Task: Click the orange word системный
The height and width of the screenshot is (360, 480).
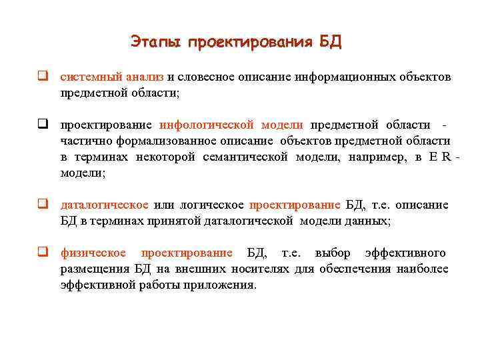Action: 87,77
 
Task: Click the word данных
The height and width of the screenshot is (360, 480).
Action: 374,221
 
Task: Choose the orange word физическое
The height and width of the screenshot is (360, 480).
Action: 93,253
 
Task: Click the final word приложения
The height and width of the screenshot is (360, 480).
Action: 223,285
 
